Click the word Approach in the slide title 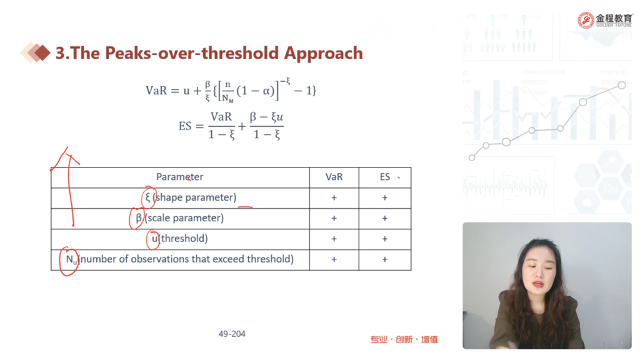click(323, 54)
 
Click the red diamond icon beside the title click(42, 52)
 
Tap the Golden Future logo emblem click(586, 20)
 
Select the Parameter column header click(179, 177)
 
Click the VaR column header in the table click(334, 177)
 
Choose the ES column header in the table click(385, 177)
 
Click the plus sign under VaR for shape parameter click(334, 197)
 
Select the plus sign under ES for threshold click(384, 239)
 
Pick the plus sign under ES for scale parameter click(384, 218)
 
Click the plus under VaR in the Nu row click(334, 259)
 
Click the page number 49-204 click(232, 334)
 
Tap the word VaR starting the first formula click(156, 90)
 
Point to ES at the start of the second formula click(185, 126)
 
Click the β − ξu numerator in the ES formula click(266, 117)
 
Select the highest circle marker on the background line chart click(622, 85)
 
